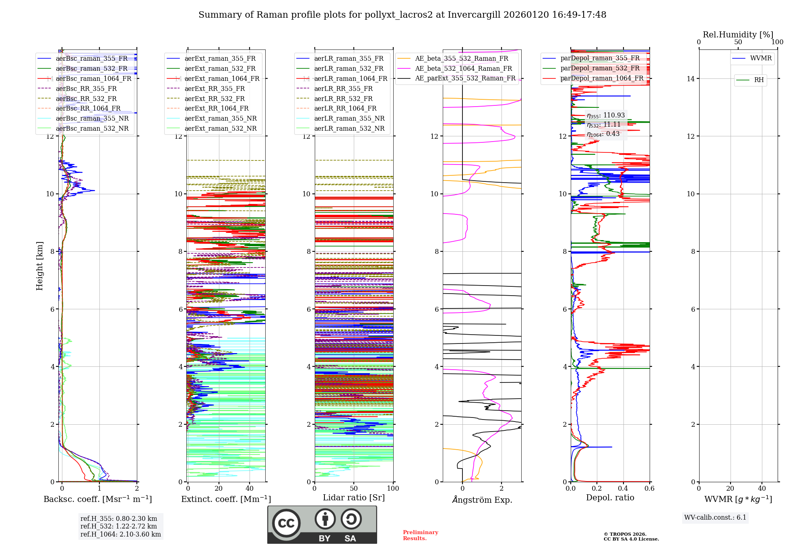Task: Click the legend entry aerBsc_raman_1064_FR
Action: (x=93, y=78)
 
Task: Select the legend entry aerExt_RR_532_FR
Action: (x=215, y=99)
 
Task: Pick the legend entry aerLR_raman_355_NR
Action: (x=349, y=118)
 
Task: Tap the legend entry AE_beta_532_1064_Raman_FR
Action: (x=463, y=68)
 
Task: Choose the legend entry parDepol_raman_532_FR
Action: (x=600, y=68)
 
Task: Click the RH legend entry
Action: (x=759, y=80)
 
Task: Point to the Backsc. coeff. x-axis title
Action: (x=97, y=499)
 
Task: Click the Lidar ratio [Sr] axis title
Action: (x=353, y=498)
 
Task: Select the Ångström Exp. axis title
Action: (x=482, y=500)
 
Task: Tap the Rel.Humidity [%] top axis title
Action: (x=738, y=35)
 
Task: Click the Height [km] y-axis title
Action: (x=39, y=265)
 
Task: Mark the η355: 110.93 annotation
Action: (x=605, y=115)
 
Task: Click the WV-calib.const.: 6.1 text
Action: (x=715, y=518)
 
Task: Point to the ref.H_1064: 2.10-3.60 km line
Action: (x=120, y=534)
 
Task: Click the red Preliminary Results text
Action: (x=420, y=535)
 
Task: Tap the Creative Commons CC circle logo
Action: (x=286, y=523)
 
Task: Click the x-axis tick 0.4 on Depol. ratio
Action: (x=623, y=488)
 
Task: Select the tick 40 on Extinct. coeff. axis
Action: (x=250, y=488)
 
